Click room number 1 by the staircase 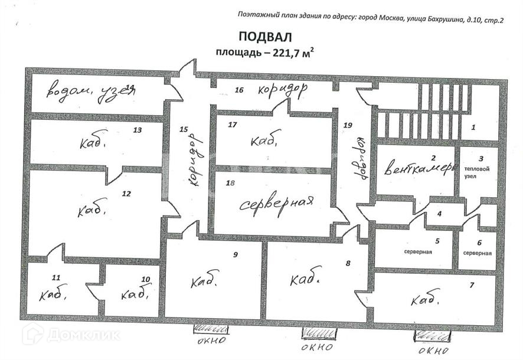tap(473, 127)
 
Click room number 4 tap(439, 214)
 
